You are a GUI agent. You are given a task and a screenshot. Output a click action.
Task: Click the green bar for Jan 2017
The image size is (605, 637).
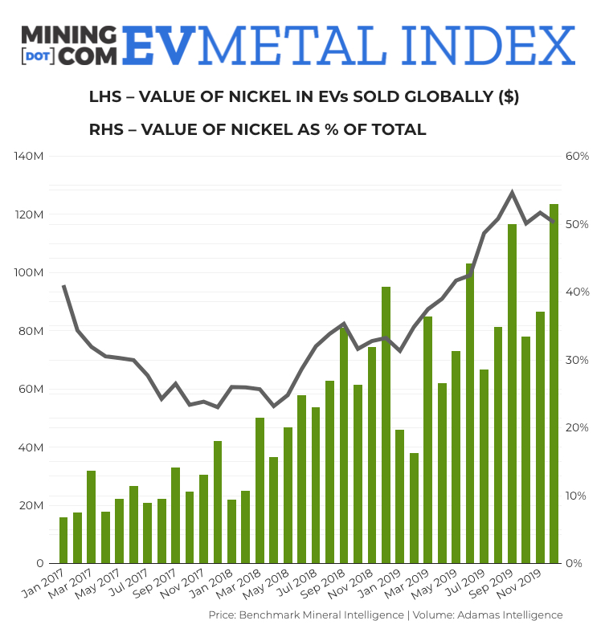[x=63, y=540]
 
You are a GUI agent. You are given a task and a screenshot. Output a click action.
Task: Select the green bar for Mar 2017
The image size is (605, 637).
[x=92, y=517]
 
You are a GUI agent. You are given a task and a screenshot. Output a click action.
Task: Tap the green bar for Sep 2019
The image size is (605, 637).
[x=512, y=394]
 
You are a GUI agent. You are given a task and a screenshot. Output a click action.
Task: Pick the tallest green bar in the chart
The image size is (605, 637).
[x=554, y=383]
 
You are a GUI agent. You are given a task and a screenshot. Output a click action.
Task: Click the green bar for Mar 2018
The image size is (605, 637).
[x=260, y=490]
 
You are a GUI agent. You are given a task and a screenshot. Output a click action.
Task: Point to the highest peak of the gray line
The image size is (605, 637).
[x=512, y=192]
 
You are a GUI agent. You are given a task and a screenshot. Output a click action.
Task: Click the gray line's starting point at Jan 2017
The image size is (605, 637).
[x=63, y=286]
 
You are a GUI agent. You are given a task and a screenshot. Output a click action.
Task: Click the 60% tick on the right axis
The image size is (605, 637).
[x=577, y=156]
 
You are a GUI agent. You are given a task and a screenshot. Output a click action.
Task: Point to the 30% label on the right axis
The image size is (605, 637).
[x=577, y=359]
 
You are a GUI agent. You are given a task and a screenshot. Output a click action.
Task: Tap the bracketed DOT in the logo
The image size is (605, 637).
[x=38, y=56]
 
